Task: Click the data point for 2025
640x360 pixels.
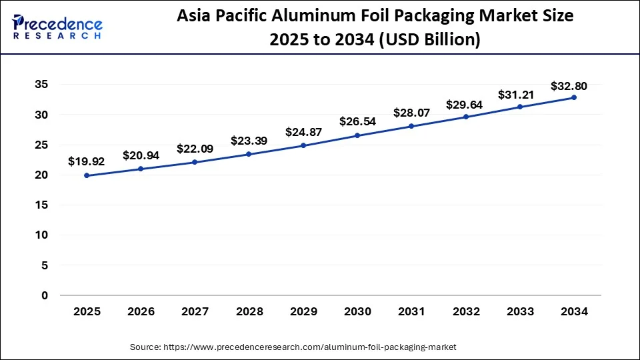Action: [87, 175]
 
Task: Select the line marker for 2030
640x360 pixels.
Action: [357, 135]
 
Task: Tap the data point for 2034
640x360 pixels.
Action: [573, 97]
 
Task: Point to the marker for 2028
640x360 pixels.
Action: [249, 154]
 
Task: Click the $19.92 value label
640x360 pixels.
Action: [87, 161]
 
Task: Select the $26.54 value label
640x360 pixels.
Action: [357, 121]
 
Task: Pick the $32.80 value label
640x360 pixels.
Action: [569, 85]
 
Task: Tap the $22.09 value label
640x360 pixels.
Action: [195, 149]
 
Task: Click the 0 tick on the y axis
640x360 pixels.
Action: [44, 295]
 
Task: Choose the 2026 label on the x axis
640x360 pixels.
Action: [141, 311]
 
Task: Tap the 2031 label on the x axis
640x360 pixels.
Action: [411, 311]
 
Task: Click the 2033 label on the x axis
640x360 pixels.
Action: [519, 311]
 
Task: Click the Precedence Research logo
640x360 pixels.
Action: [57, 27]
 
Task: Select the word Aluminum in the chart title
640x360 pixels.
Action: [318, 17]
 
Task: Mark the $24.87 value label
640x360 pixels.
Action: [303, 131]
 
